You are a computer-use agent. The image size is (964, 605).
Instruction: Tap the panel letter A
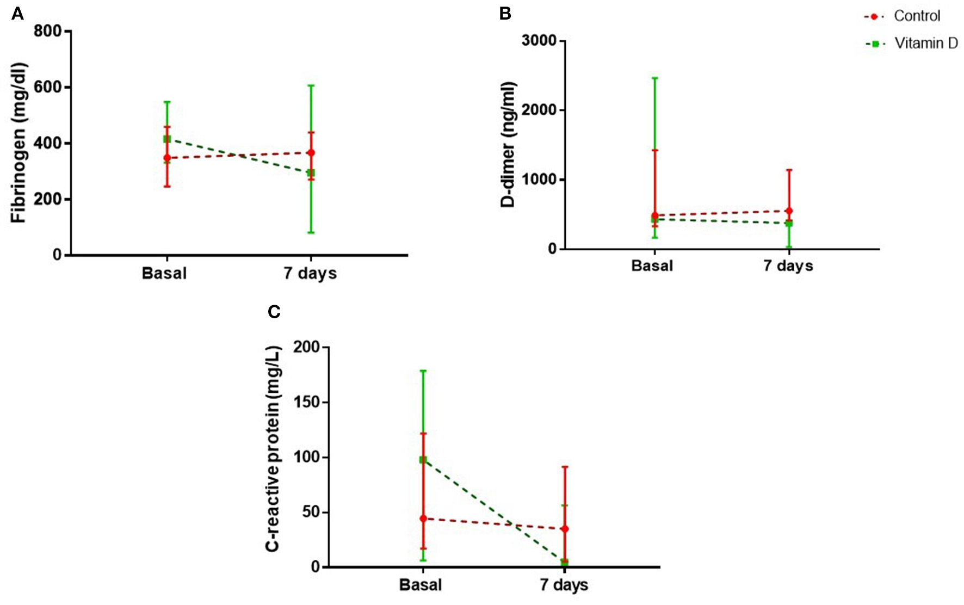click(17, 14)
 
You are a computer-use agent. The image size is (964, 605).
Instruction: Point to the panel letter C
click(274, 312)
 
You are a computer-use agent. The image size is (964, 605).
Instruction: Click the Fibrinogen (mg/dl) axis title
click(19, 143)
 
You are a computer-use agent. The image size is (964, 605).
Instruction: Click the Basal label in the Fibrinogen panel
click(164, 273)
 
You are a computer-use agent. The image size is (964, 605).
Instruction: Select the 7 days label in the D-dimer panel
click(788, 266)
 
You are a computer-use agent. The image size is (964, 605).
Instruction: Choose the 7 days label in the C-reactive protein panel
click(564, 585)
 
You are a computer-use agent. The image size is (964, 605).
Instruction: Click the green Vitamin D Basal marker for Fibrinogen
click(167, 139)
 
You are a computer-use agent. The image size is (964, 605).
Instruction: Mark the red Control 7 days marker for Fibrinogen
click(311, 153)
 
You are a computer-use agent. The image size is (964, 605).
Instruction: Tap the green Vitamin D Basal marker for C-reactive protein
click(423, 460)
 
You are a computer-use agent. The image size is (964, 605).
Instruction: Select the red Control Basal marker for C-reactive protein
click(423, 518)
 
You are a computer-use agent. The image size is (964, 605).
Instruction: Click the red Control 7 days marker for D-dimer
click(789, 211)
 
